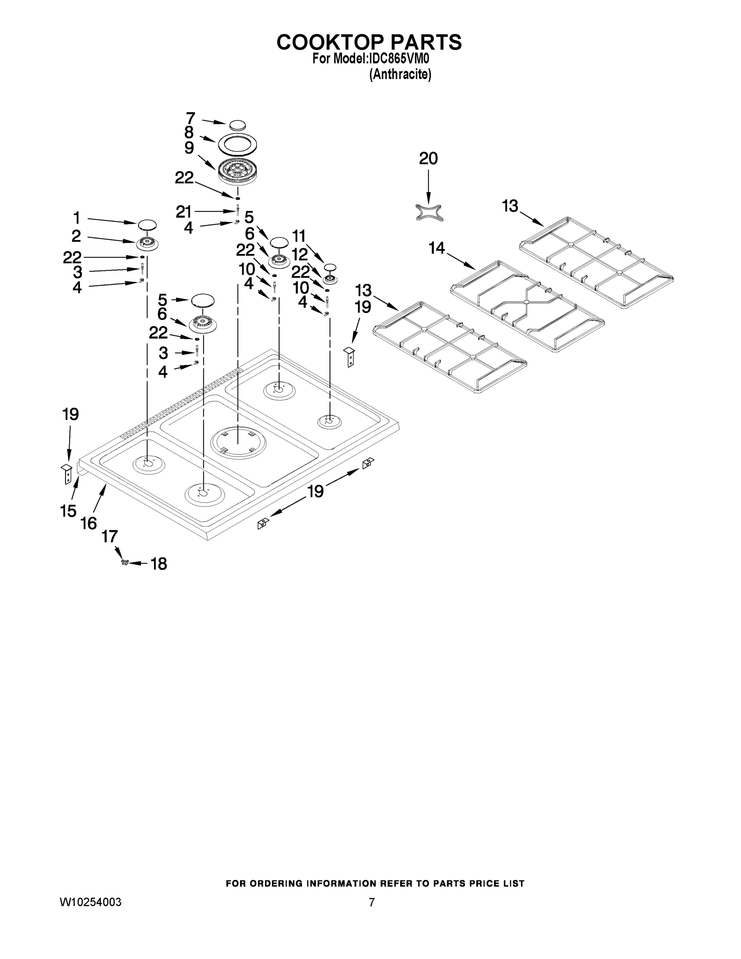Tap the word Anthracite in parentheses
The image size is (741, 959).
pos(400,75)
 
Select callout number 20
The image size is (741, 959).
pos(428,159)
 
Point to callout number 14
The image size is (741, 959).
pos(437,249)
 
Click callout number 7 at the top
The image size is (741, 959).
pos(190,119)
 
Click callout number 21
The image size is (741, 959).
pos(183,212)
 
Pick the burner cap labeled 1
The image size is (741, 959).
pos(147,225)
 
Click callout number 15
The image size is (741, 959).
pos(68,511)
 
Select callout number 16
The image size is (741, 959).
pos(89,523)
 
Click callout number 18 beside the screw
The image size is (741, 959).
pos(159,564)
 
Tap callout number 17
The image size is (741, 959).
pos(110,537)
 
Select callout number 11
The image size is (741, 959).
pos(299,236)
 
